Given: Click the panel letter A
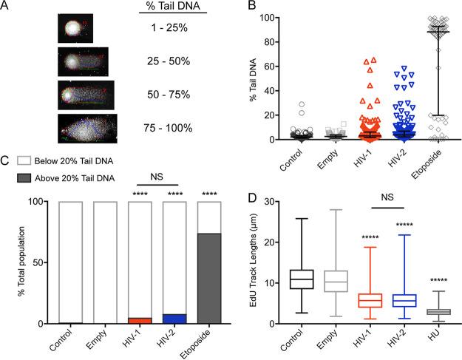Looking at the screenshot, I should tap(5, 7).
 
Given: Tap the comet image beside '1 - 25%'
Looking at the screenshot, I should tap(73, 30).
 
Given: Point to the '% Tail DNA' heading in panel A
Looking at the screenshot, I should tap(165, 8).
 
